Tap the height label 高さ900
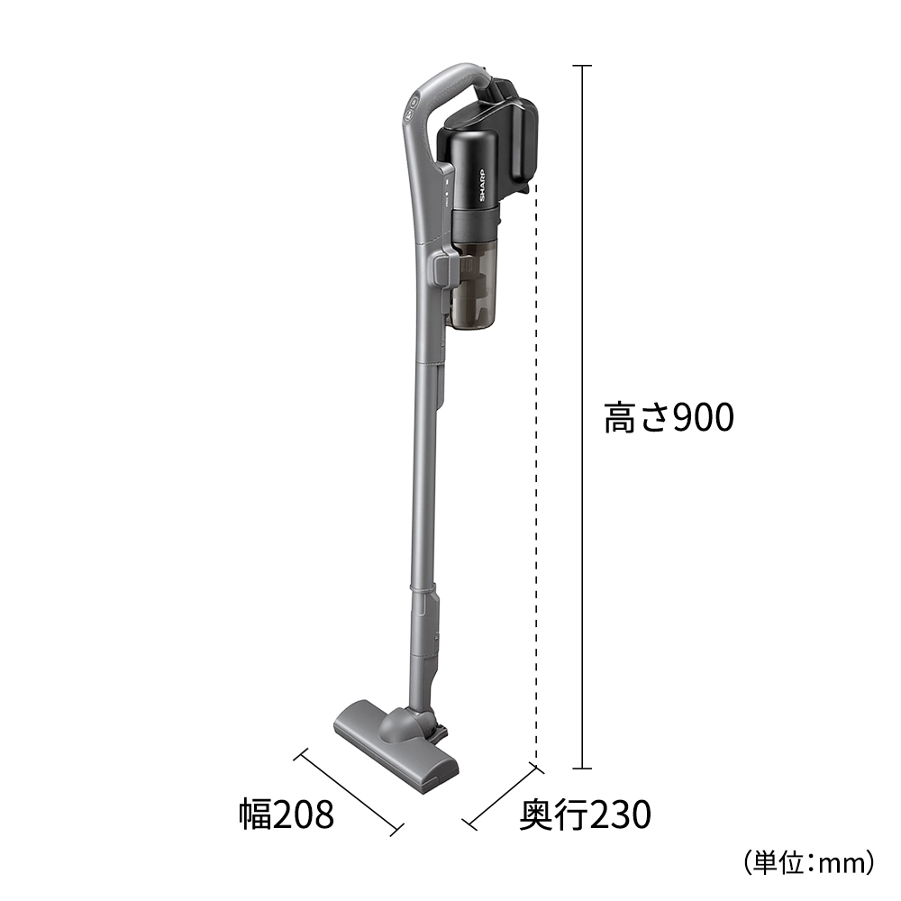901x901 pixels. pos(669,418)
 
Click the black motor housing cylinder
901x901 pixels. pos(474,176)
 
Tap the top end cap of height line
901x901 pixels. pos(582,66)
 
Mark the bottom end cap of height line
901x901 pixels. pos(582,769)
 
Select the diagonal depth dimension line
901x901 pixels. pos(503,796)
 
